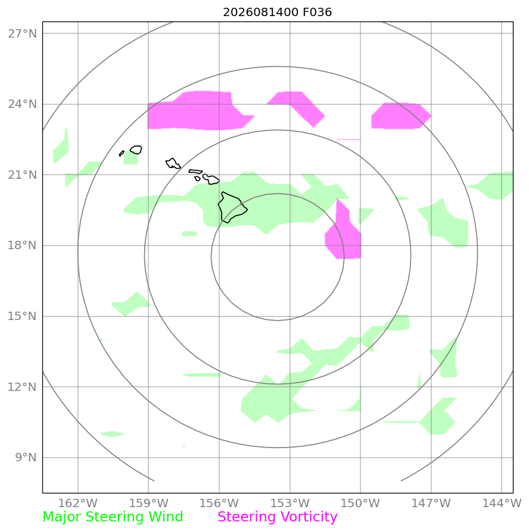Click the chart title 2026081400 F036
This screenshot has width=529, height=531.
coord(277,12)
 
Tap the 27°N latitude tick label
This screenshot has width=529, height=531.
coord(22,34)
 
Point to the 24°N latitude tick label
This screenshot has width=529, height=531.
coord(22,104)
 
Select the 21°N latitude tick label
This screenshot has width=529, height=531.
coord(22,175)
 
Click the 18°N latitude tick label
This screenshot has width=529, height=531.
coord(22,246)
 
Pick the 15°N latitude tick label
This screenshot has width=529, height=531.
coord(22,316)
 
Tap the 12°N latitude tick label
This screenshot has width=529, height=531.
coord(22,387)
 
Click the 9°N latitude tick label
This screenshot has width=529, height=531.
coord(26,458)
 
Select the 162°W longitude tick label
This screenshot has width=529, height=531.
coord(78,503)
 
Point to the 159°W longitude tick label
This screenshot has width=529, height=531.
coord(148,503)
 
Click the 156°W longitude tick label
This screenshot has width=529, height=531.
coord(219,503)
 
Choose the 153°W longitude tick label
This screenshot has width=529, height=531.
coord(290,503)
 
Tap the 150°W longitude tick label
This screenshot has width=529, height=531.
coord(360,503)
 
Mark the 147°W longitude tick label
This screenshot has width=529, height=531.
coord(431,503)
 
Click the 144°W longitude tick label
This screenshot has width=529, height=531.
coord(502,503)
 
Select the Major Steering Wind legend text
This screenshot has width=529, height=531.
coord(113,517)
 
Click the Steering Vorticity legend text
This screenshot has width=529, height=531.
coord(278,517)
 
